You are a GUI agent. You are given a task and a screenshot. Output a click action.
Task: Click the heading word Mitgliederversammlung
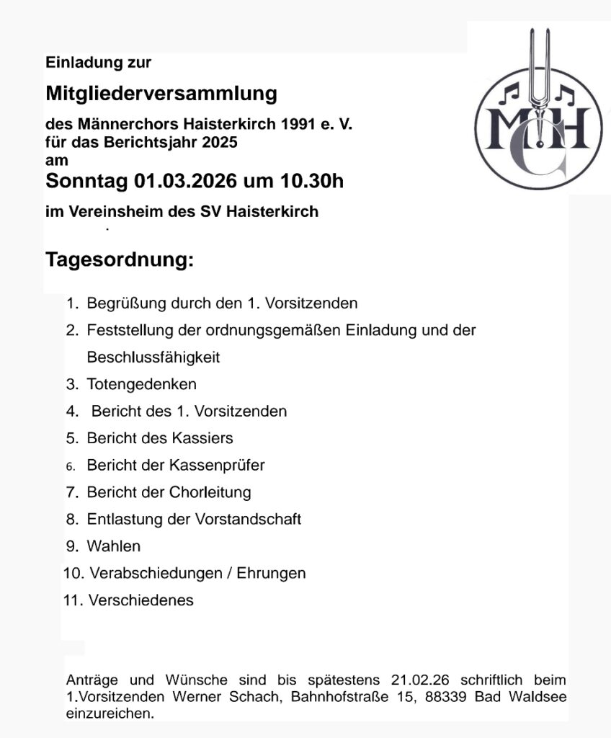161,94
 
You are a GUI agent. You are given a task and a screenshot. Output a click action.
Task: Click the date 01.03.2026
186,181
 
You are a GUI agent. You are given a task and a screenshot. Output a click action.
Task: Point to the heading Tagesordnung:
120,259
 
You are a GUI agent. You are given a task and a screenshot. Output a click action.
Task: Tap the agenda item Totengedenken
141,385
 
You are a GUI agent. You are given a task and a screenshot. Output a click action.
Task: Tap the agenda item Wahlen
114,546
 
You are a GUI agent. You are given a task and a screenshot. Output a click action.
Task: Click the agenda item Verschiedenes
141,600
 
